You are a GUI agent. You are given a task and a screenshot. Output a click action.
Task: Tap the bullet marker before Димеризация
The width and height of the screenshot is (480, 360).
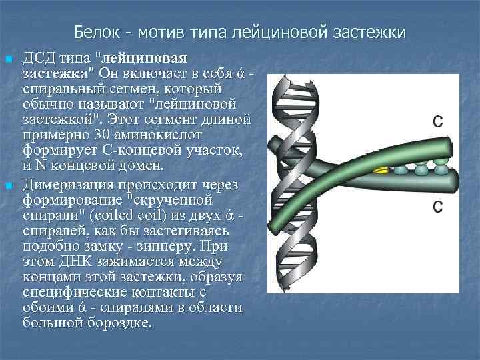(9, 184)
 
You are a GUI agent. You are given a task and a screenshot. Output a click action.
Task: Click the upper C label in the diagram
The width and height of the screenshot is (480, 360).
(437, 121)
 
